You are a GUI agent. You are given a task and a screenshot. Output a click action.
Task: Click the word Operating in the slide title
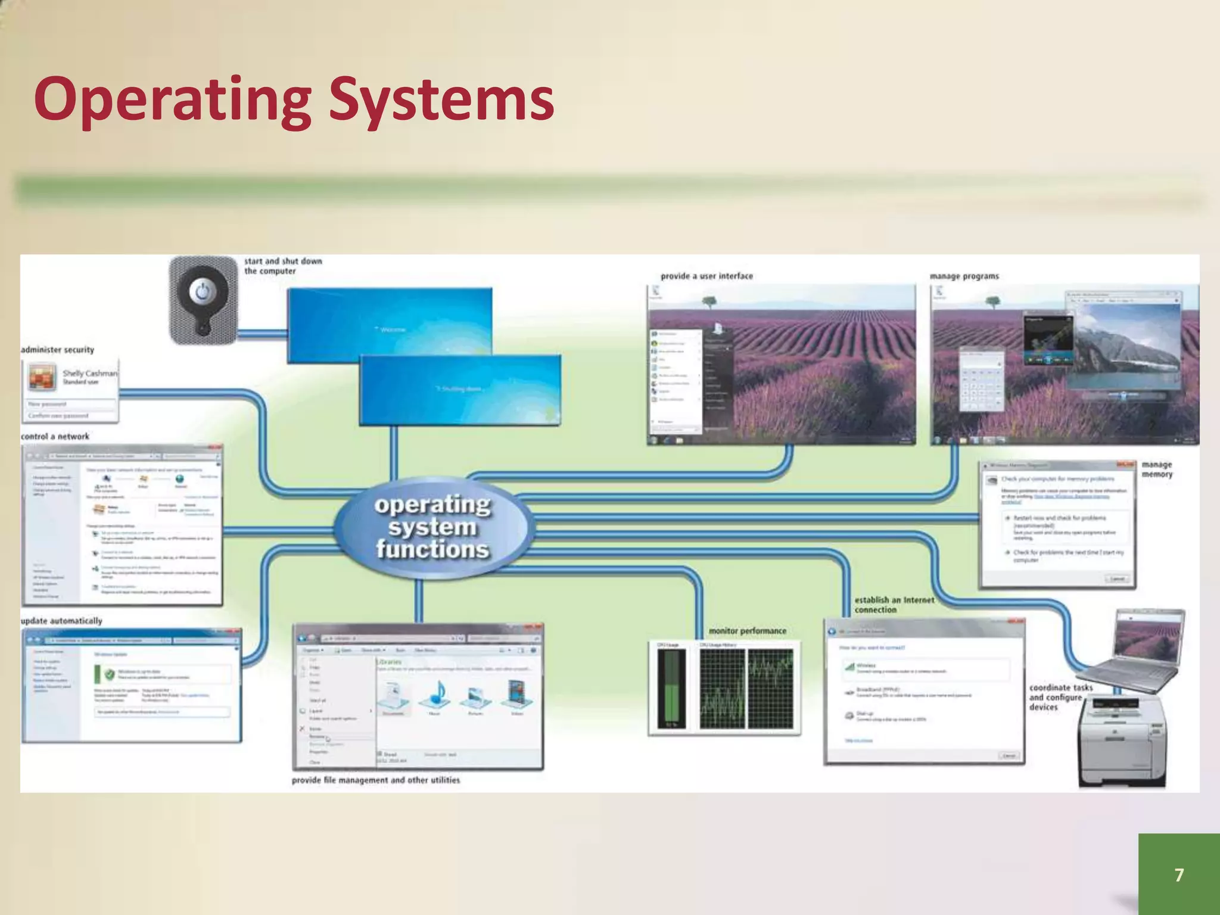pyautogui.click(x=173, y=100)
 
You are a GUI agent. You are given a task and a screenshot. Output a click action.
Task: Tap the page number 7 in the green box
pyautogui.click(x=1179, y=874)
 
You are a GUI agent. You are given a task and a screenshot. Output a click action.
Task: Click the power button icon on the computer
pyautogui.click(x=203, y=293)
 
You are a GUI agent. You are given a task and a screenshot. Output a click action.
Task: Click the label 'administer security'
pyautogui.click(x=58, y=350)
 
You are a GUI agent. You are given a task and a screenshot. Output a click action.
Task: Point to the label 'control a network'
pyautogui.click(x=55, y=437)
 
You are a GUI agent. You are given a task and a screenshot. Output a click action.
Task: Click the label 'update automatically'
pyautogui.click(x=61, y=621)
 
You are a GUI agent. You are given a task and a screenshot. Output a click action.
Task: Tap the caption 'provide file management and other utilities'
pyautogui.click(x=376, y=780)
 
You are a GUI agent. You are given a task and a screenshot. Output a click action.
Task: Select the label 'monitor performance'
pyautogui.click(x=747, y=631)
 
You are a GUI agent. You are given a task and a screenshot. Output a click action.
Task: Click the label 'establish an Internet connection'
pyautogui.click(x=894, y=605)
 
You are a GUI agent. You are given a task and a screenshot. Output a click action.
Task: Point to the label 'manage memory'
pyautogui.click(x=1157, y=469)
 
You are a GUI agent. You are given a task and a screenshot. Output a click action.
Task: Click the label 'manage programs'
pyautogui.click(x=964, y=276)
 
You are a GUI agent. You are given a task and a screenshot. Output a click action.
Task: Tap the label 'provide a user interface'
pyautogui.click(x=707, y=276)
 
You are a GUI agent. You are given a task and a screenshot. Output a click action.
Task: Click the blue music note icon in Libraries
pyautogui.click(x=435, y=695)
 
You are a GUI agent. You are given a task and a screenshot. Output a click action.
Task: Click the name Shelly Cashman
pyautogui.click(x=90, y=374)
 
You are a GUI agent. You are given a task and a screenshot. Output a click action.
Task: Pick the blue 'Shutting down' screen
pyautogui.click(x=459, y=390)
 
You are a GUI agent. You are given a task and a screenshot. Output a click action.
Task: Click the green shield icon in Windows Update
pyautogui.click(x=109, y=675)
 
